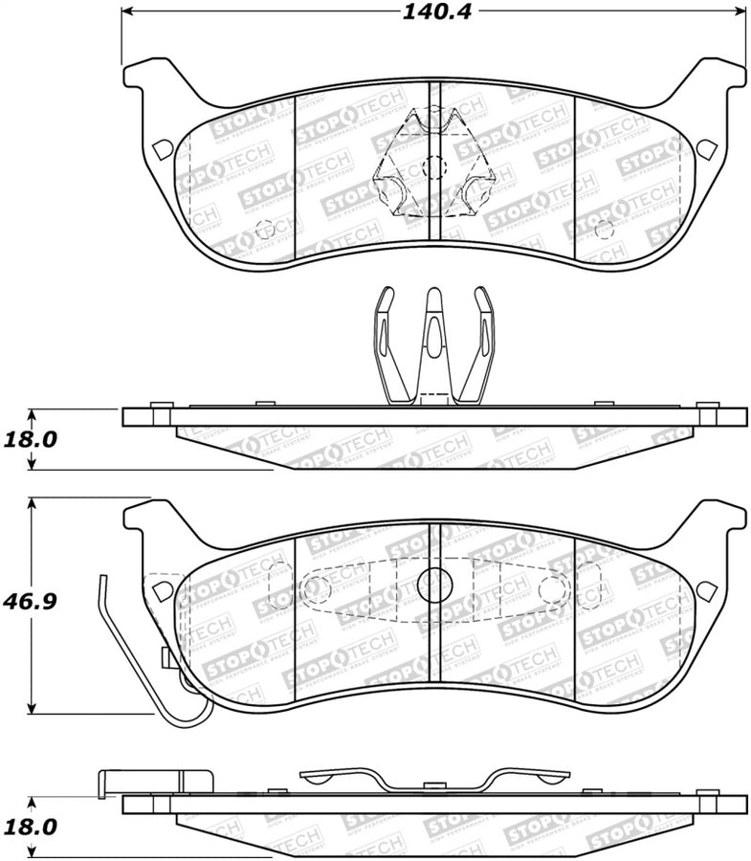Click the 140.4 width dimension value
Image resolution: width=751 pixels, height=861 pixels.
(434, 12)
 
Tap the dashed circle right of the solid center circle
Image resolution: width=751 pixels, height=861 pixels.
(551, 588)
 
